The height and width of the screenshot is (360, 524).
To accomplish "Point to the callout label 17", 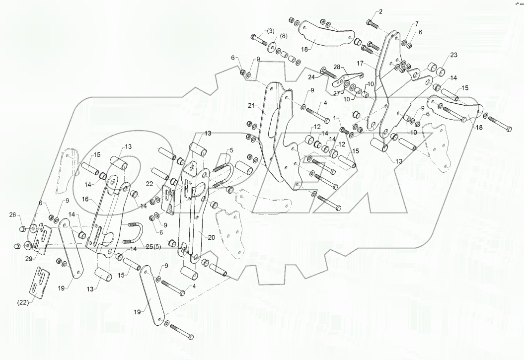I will click(360, 64).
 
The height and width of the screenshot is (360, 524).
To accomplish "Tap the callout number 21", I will click(251, 106).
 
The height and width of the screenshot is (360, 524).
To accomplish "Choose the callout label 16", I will click(99, 199).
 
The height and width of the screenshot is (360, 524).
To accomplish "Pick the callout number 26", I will click(12, 215).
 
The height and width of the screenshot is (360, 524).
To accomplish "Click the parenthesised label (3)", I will click(270, 31).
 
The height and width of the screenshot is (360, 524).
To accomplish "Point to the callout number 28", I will click(336, 67).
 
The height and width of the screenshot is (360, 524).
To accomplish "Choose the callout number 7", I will click(417, 23).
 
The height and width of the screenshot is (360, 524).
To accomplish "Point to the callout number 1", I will click(335, 118).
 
